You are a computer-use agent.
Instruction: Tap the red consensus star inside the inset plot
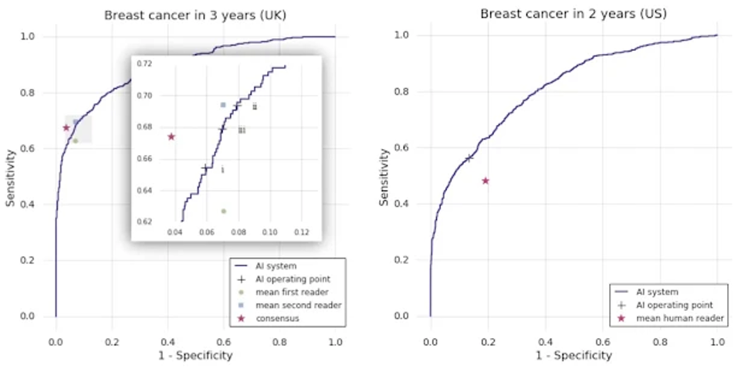(171, 137)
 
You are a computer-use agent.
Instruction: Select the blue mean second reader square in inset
(223, 104)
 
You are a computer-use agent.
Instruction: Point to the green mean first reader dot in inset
(223, 211)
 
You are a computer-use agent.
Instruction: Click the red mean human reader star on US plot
(486, 181)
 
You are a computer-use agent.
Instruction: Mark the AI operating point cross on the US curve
(469, 158)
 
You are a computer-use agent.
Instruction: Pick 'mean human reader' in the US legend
(680, 318)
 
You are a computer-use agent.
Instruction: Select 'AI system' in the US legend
(657, 292)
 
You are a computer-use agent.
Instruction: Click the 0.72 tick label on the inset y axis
(144, 64)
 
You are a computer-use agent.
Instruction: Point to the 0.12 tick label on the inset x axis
(302, 232)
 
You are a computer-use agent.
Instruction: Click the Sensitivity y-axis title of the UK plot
(11, 176)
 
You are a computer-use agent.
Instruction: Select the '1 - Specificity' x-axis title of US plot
(574, 355)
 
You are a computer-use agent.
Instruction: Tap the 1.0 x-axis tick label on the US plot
(717, 340)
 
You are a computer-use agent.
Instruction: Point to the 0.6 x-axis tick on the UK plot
(223, 340)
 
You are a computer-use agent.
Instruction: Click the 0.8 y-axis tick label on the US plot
(401, 92)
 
